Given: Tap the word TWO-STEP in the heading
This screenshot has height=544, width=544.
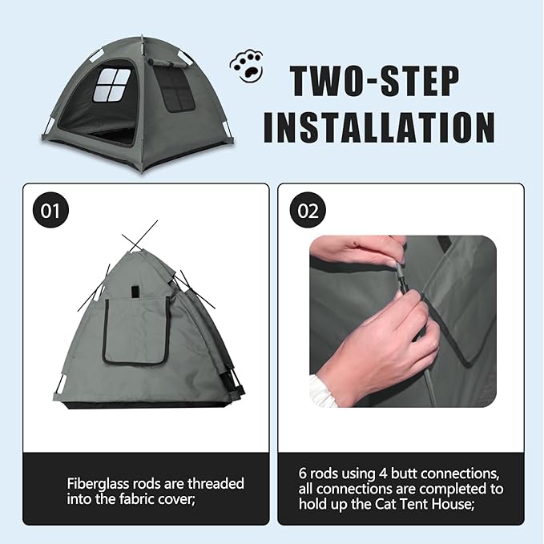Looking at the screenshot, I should (374, 82).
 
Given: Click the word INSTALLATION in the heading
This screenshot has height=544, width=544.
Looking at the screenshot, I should (379, 127).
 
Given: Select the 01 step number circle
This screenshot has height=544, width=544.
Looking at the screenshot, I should (51, 211).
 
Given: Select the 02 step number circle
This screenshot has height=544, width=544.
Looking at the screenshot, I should (308, 211).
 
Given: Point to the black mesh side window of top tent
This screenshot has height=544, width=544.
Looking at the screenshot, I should (175, 89).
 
